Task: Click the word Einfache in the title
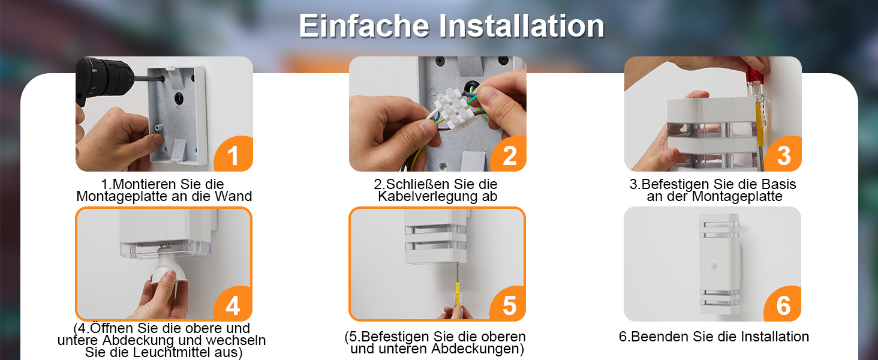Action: [365, 26]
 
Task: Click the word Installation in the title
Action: [521, 26]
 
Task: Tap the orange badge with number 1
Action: [234, 154]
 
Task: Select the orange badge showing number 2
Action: [509, 154]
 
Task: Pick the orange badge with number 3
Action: [783, 154]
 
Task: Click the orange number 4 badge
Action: [233, 304]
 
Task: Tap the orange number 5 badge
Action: [508, 304]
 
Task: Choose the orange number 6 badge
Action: [783, 304]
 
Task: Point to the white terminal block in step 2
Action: [452, 110]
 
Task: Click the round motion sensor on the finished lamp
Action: [714, 265]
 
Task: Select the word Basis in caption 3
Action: [778, 184]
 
